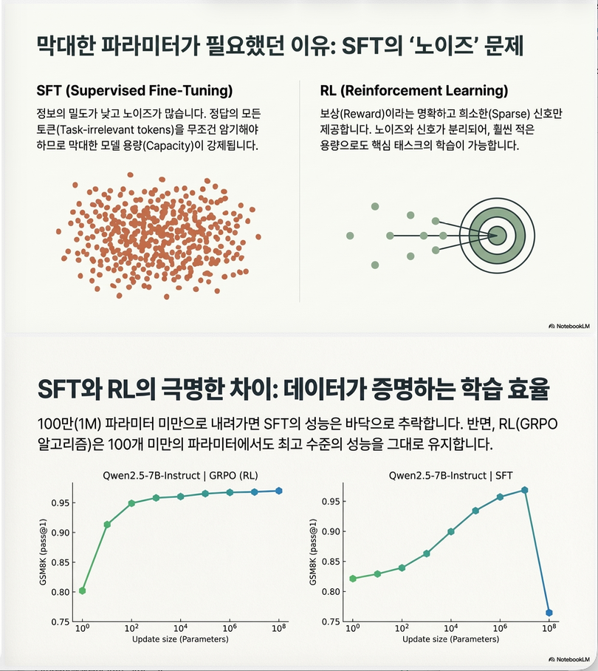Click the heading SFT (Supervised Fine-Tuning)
[134, 91]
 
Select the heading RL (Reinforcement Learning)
[414, 91]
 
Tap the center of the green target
[496, 235]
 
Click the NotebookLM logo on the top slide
[569, 325]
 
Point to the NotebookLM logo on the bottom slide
[569, 658]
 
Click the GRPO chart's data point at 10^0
[82, 590]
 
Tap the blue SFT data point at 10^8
[549, 613]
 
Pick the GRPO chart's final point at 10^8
[279, 491]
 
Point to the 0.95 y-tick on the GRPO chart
[60, 503]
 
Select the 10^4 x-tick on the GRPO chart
[180, 629]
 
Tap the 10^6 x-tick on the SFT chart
[500, 629]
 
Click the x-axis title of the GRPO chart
[180, 639]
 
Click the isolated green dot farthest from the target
[349, 235]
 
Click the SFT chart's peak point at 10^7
[524, 490]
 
